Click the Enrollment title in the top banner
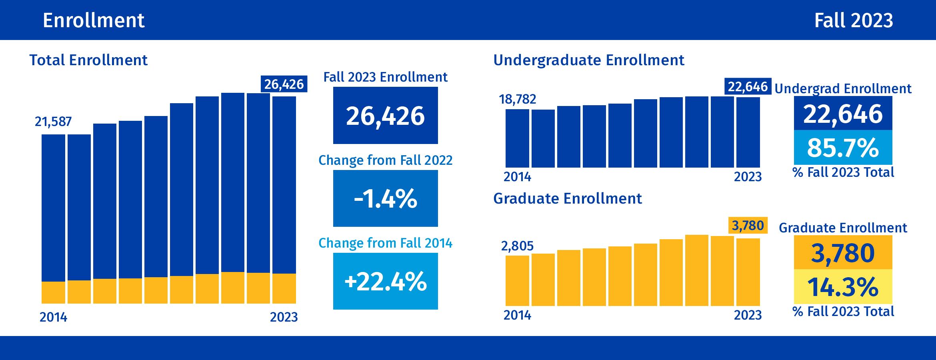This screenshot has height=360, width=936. pos(94,20)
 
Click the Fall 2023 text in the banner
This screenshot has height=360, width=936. pos(853,20)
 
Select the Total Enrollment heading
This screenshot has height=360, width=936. pos(88,60)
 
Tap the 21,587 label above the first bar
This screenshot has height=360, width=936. pos(53,121)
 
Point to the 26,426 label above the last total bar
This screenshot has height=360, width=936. pos(284,84)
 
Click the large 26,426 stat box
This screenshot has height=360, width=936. pos(385,116)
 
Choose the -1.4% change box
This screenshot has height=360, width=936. pos(385,198)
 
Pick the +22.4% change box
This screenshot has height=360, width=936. pos(385,281)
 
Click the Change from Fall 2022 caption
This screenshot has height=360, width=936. pos(385,160)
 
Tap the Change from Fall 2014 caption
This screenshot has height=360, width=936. pos(385,243)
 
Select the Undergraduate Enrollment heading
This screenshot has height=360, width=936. pos(588,60)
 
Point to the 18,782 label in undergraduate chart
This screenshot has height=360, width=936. pos(517,99)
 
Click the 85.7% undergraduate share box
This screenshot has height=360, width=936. pos(843,147)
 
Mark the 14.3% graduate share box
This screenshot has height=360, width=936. pos(843,286)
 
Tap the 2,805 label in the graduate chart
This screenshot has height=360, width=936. pos(517,246)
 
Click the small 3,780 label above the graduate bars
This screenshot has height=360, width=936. pos(748,225)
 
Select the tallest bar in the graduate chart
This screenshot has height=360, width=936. pos(696,270)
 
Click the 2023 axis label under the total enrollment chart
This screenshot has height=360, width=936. pos(284,317)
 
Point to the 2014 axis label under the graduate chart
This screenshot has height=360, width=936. pos(517,315)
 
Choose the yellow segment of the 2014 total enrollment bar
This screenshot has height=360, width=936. pos(53,292)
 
